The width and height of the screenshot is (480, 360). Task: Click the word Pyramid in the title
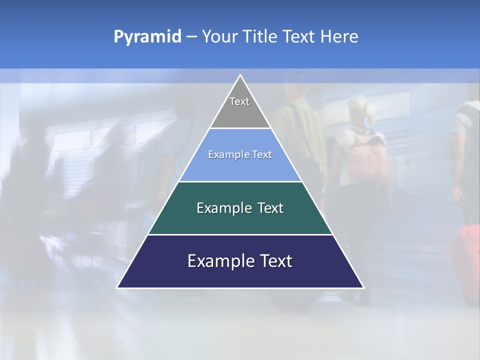pyautogui.click(x=147, y=37)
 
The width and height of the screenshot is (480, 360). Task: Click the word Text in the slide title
pyautogui.click(x=299, y=37)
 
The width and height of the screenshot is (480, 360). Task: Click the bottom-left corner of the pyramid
pyautogui.click(x=117, y=287)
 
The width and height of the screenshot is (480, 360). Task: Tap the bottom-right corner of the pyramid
pyautogui.click(x=363, y=287)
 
